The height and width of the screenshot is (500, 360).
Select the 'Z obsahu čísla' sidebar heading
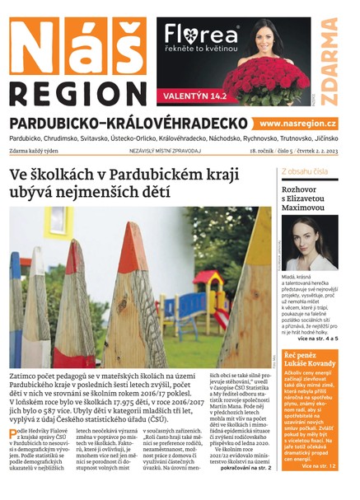point(305,172)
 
